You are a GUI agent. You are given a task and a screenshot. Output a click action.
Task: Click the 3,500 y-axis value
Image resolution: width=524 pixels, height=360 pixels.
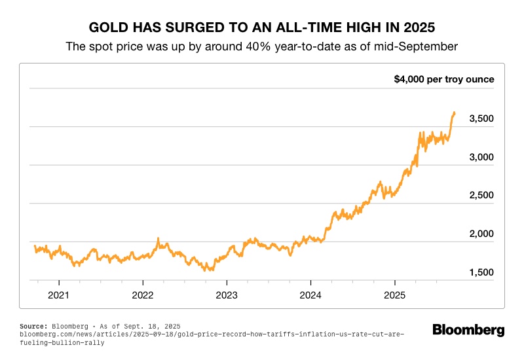point(481,118)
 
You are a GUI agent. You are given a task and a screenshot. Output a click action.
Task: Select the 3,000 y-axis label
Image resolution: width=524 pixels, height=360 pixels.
point(481,157)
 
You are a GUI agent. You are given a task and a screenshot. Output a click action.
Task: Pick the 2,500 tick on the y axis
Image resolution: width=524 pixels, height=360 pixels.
point(481,196)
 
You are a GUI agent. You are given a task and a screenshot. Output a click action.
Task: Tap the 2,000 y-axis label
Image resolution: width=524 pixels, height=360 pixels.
point(481,234)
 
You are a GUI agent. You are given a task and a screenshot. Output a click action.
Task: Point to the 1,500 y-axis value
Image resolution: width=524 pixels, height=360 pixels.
point(481,272)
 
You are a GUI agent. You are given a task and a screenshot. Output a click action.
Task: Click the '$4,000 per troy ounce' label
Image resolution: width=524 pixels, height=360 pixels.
point(443,80)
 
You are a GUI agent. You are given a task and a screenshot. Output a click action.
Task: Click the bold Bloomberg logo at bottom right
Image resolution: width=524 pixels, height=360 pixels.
point(468,330)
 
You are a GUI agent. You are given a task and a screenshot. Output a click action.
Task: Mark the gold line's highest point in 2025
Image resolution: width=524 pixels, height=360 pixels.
point(454,113)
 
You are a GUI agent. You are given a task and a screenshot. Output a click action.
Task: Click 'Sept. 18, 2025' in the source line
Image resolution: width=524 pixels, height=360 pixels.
point(151,325)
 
